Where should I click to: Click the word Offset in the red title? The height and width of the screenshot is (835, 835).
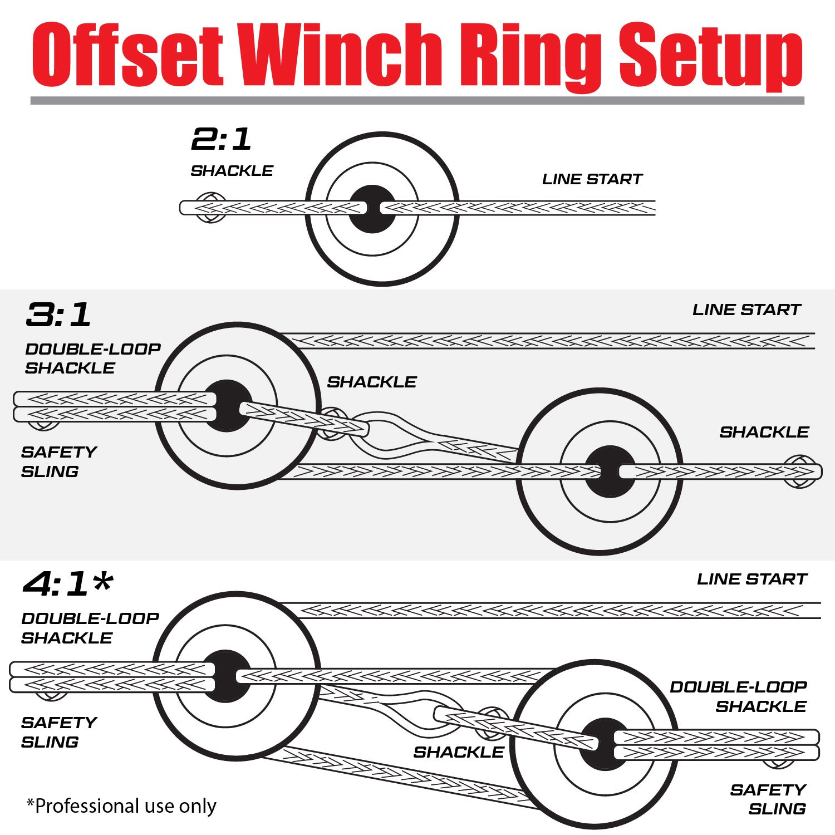[128, 55]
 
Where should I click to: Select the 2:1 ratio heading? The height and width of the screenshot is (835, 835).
[221, 139]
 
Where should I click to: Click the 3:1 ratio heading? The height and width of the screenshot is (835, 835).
[58, 315]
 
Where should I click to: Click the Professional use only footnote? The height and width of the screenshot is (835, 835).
[121, 805]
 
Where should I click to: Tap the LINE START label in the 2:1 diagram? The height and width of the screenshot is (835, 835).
[592, 179]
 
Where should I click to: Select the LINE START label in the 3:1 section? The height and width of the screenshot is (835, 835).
[746, 310]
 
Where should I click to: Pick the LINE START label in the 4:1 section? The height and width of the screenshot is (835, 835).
[751, 579]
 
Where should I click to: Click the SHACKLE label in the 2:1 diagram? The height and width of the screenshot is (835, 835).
[232, 171]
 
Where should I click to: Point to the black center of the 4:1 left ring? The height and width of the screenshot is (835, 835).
[226, 690]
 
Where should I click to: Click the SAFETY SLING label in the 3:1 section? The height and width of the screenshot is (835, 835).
[58, 461]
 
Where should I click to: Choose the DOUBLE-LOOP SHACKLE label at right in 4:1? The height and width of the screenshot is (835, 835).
[738, 696]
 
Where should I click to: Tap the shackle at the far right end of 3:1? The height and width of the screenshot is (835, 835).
[800, 471]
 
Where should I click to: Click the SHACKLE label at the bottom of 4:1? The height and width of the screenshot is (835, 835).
[458, 752]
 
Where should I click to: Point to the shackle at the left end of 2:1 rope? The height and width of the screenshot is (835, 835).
[211, 208]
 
